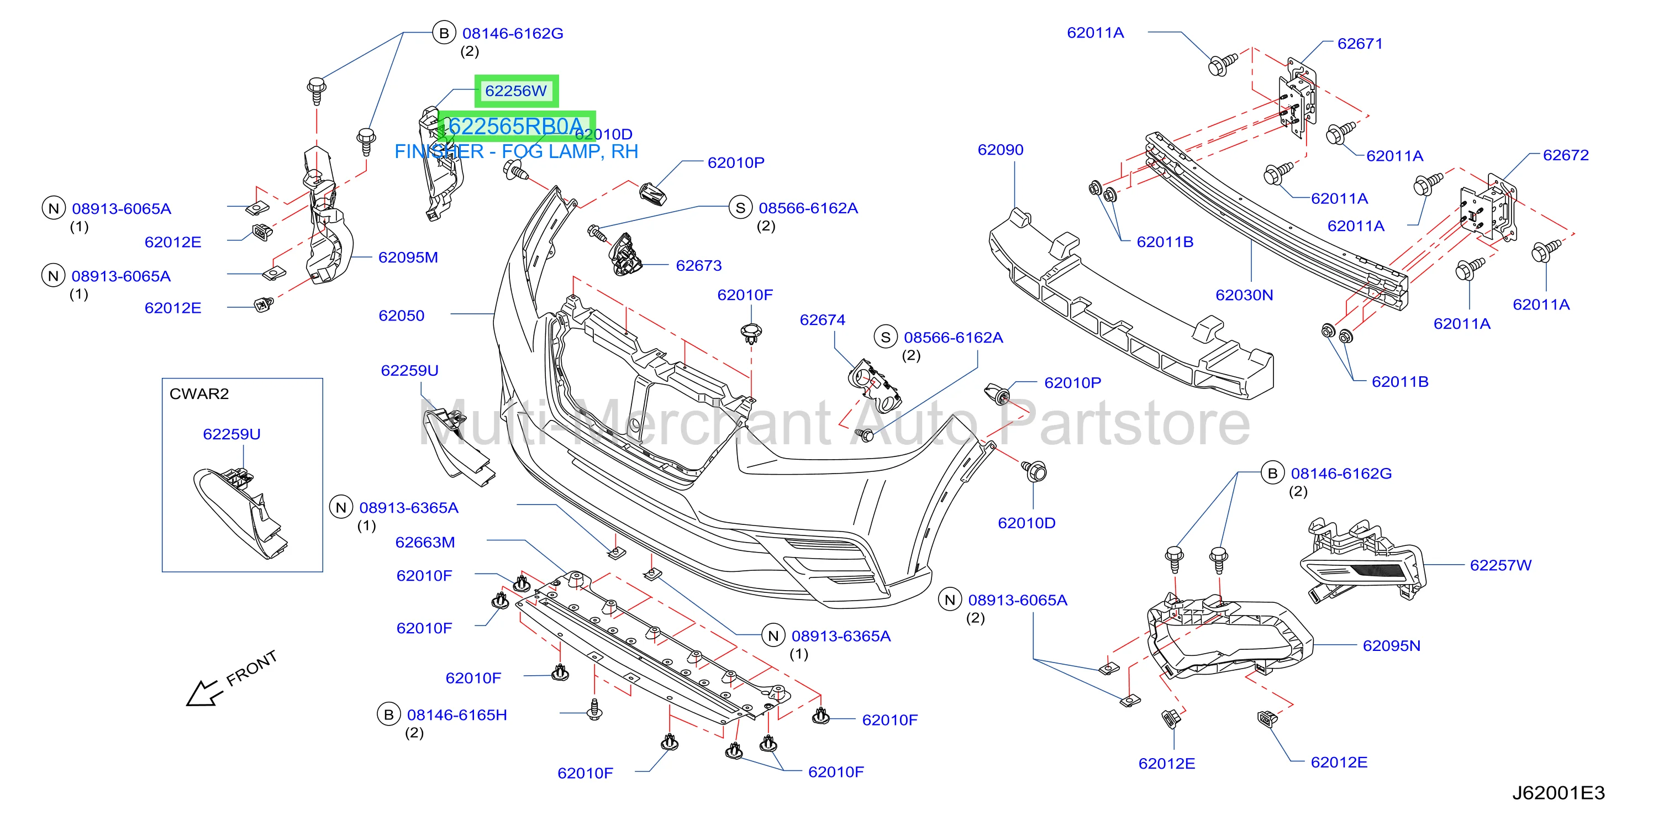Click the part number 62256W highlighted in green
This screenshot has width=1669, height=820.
516,91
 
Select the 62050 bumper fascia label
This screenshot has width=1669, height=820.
401,316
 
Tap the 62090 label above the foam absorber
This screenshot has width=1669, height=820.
1001,150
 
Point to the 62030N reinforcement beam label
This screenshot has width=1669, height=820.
1244,295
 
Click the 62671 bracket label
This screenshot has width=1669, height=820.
1360,44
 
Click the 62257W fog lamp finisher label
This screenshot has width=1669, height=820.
1500,565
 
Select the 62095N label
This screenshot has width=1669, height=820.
1391,645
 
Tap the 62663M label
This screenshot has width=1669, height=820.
425,542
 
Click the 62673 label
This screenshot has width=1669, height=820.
698,265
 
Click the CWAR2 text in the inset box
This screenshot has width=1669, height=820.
199,393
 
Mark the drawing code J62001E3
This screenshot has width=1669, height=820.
1558,793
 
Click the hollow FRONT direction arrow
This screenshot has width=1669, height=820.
203,693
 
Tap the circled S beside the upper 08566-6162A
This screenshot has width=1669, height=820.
740,208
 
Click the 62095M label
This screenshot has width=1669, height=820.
408,257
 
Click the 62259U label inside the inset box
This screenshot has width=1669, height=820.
231,434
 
